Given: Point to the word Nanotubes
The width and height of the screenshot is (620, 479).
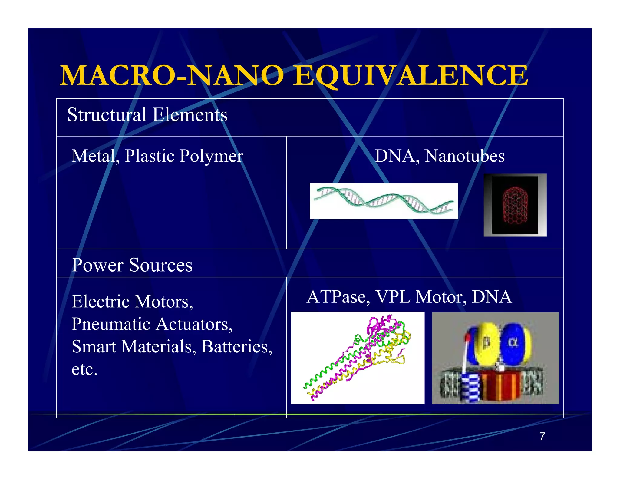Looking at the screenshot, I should (x=464, y=157).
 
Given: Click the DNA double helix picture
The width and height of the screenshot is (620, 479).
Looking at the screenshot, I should (x=384, y=201).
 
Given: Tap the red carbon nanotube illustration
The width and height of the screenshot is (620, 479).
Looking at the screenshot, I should (x=515, y=205).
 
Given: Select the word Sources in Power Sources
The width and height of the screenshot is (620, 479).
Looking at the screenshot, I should (x=161, y=265).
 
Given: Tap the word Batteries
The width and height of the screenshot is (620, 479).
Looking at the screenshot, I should (x=236, y=347).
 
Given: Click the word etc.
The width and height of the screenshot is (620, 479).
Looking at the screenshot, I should (x=84, y=370).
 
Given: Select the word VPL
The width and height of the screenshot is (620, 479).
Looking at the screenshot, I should (x=393, y=297).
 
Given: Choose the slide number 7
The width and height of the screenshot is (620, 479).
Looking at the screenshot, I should (x=542, y=436).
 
